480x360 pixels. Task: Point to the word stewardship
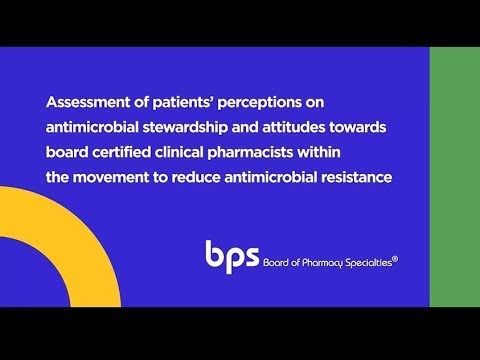185,128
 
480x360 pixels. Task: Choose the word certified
121,152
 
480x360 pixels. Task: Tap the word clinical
179,152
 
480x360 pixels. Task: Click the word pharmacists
250,153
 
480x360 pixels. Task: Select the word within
319,152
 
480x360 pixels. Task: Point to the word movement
111,177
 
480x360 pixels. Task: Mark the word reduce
196,177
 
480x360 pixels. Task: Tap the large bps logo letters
232,257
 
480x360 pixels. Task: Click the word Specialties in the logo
368,263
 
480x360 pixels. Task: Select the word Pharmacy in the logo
322,263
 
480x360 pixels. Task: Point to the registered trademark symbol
395,259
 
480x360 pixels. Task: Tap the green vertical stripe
455,177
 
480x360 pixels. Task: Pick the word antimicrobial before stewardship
92,127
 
